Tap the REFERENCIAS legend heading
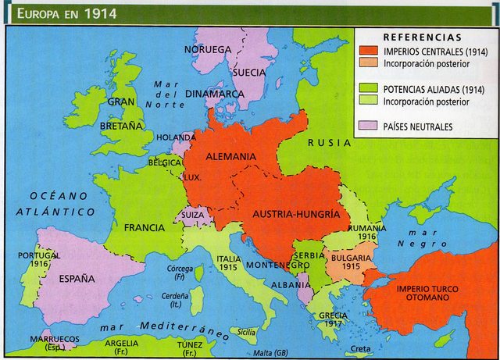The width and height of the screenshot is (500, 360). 422,37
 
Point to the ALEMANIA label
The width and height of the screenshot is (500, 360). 230,157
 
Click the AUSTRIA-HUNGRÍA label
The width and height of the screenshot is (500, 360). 295,213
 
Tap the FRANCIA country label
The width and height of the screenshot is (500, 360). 145,228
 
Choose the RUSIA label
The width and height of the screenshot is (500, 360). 329,143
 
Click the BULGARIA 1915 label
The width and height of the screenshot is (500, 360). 351,262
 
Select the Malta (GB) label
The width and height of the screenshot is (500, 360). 270,352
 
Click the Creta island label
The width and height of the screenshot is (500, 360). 361,348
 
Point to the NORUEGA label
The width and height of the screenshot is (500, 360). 208,49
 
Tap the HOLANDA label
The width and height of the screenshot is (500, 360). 176,137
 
